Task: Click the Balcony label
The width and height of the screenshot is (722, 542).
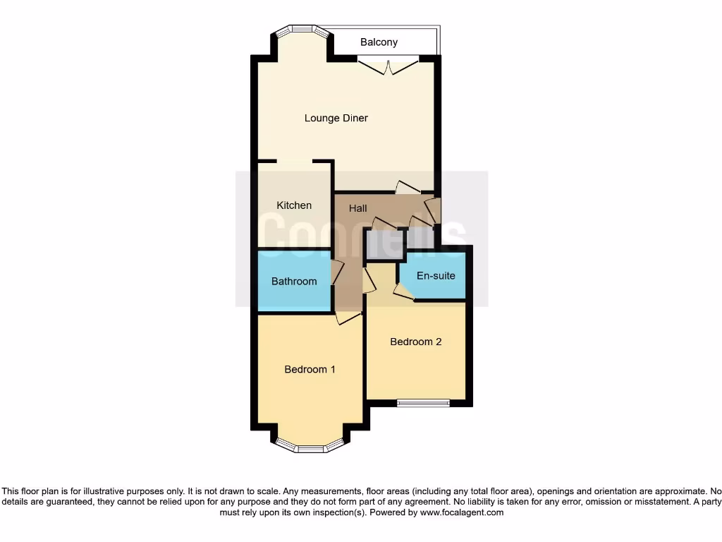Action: (379, 42)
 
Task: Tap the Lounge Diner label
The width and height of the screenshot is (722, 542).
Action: (336, 118)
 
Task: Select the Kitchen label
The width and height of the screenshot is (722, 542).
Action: (294, 205)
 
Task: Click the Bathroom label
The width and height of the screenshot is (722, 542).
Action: (294, 281)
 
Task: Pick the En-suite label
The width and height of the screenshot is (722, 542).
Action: (436, 275)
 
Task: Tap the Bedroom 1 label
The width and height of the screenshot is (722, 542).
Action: (310, 369)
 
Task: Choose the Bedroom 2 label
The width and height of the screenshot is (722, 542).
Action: (416, 342)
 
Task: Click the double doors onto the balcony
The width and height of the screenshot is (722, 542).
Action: (388, 67)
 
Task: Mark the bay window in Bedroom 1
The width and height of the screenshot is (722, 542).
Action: (310, 445)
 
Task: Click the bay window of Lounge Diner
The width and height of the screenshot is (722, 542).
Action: (302, 30)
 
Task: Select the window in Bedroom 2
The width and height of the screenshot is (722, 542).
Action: (423, 403)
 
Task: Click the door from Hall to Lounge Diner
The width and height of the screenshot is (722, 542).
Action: (408, 188)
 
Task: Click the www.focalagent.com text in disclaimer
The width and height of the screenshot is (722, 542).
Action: (462, 512)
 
